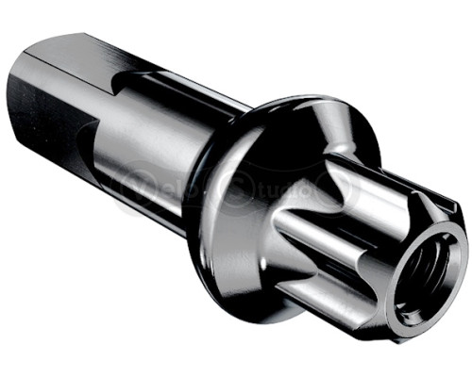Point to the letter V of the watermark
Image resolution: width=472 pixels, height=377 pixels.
[127, 185]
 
